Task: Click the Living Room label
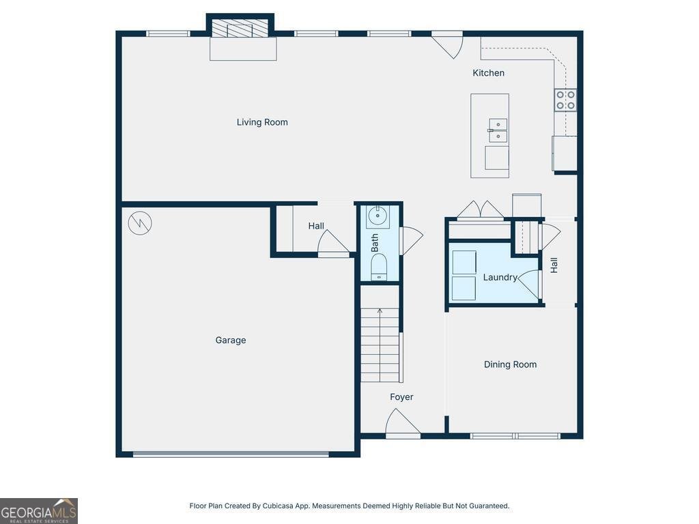point(262,122)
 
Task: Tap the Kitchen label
point(489,73)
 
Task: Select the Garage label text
point(231,340)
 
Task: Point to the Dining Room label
point(510,364)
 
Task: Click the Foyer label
point(401,397)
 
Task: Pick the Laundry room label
point(500,278)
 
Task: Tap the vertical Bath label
point(375,243)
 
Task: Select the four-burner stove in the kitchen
point(565,100)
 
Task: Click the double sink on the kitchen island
point(498,130)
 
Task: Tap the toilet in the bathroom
point(379,267)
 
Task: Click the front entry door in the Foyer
point(402,423)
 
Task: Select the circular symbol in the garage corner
point(140,222)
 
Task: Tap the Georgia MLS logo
point(39,511)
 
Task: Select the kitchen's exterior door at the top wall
point(447,44)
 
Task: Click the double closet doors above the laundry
point(480,210)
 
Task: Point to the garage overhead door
point(231,454)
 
